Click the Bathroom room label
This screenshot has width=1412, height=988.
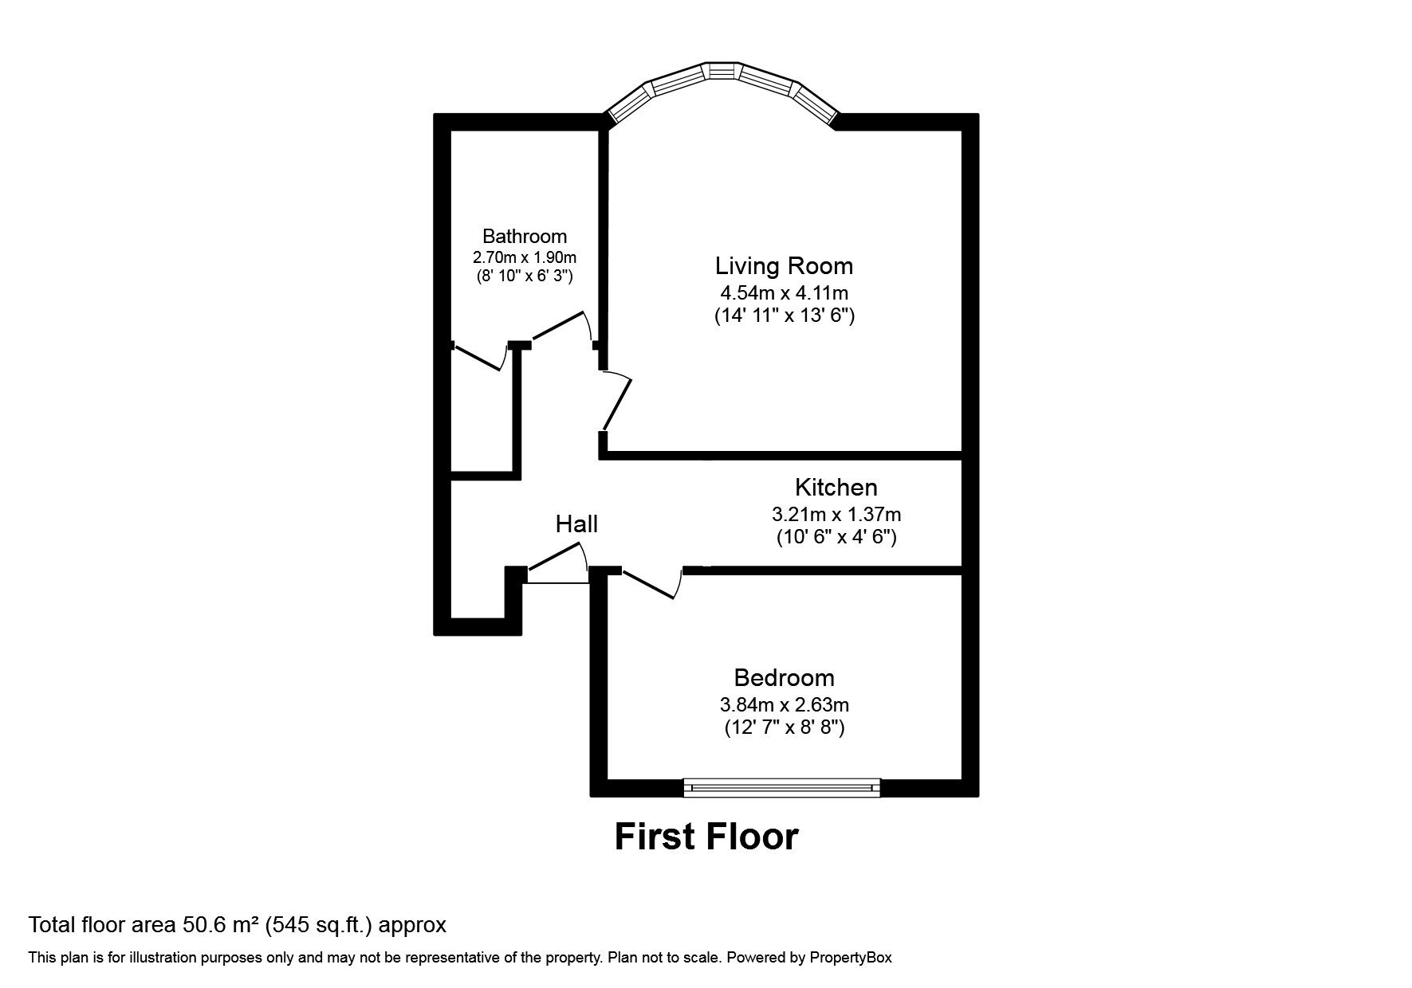[x=525, y=236]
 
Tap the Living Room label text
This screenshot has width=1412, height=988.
[x=784, y=265]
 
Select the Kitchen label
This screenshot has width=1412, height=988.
[x=836, y=487]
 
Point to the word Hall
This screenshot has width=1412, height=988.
[x=576, y=523]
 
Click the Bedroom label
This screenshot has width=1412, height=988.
[x=785, y=678]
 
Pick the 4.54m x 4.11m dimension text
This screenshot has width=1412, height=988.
[x=784, y=292]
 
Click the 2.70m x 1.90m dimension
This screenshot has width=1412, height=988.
[x=525, y=257]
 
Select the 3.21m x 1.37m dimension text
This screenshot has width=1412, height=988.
[x=836, y=514]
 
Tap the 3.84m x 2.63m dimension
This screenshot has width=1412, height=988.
[x=785, y=704]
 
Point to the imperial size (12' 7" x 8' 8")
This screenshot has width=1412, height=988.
[x=785, y=727]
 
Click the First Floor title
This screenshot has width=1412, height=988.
[x=706, y=837]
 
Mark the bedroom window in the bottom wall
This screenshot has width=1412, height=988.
[x=782, y=787]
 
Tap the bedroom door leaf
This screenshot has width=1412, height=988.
[x=649, y=584]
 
